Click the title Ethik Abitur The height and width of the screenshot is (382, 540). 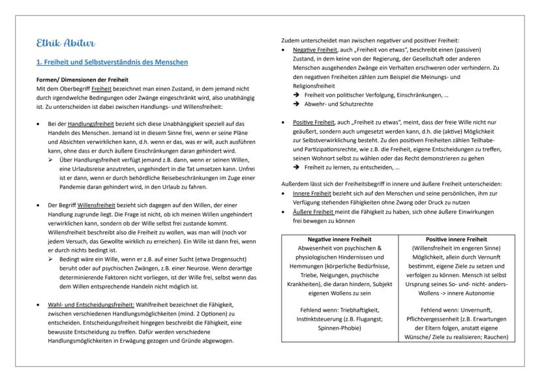click(65, 43)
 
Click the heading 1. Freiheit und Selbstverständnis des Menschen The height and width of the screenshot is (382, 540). click(112, 62)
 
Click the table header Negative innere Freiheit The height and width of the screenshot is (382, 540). click(342, 240)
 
